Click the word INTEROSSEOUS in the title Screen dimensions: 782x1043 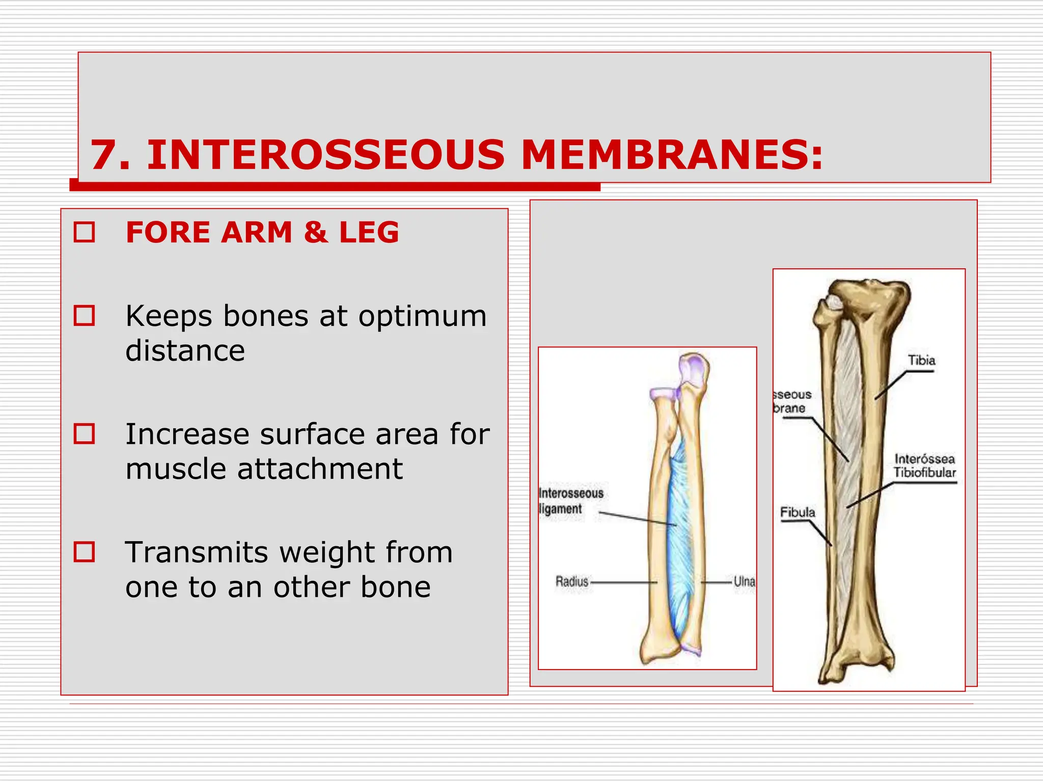(326, 155)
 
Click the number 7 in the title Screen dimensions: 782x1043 (104, 155)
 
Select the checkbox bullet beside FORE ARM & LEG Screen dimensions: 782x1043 (85, 232)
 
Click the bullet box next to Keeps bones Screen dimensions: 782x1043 (85, 316)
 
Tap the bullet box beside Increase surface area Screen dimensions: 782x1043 (85, 434)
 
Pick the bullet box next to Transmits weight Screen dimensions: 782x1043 (85, 552)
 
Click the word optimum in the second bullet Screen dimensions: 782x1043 (423, 317)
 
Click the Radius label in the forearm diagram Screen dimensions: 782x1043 (572, 581)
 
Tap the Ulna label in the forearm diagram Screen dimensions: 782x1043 (744, 581)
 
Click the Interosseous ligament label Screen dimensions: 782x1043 (570, 501)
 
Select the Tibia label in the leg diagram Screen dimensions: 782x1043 (921, 360)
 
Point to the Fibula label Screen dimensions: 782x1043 (798, 512)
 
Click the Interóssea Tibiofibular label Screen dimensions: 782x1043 (924, 466)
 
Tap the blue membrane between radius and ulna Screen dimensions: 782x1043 (679, 535)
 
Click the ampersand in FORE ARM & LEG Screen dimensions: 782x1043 (316, 232)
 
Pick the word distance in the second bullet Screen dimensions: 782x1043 (185, 351)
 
